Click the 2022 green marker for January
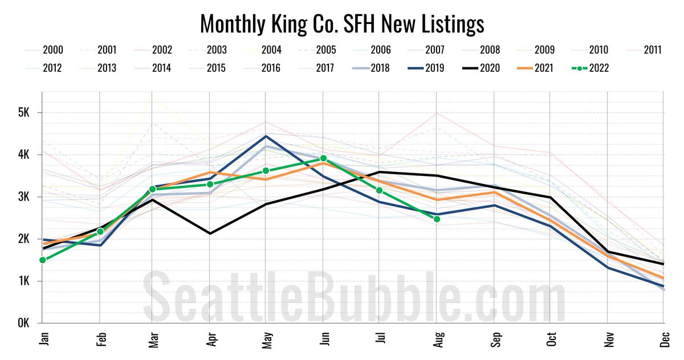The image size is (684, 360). [x=43, y=260]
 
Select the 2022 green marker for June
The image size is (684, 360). [x=323, y=158]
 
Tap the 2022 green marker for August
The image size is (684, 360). [x=437, y=219]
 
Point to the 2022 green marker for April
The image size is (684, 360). [x=210, y=184]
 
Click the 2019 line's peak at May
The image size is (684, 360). [x=267, y=136]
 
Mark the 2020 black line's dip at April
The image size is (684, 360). [x=211, y=233]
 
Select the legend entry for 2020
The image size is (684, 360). [x=482, y=68]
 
